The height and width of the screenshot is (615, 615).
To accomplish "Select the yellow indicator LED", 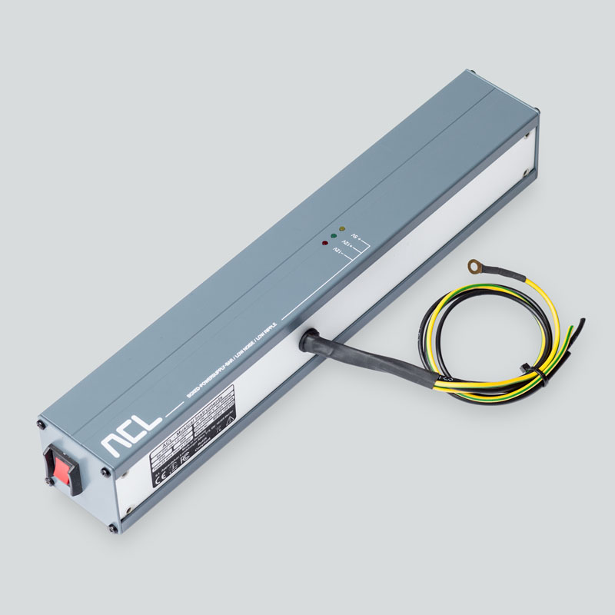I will point(341,229).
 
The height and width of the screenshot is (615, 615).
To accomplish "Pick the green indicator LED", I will point(333,236).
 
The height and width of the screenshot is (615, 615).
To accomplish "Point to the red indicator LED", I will point(324,244).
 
